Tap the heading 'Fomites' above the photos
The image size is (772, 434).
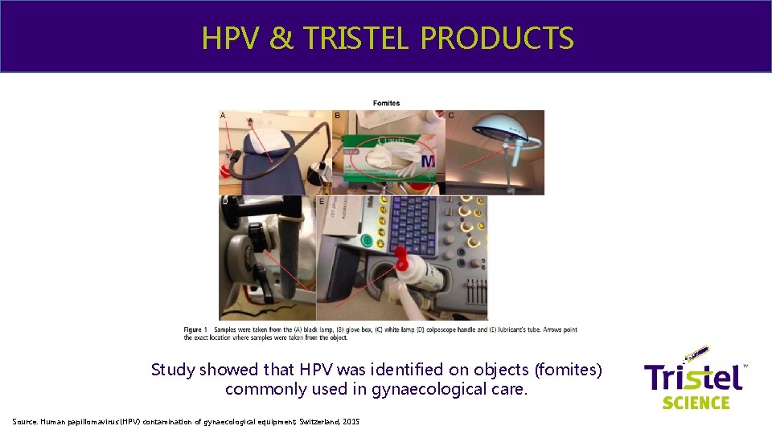pyautogui.click(x=387, y=103)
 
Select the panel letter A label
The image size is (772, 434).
pyautogui.click(x=223, y=116)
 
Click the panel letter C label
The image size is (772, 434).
pyautogui.click(x=451, y=116)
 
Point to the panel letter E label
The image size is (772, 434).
pyautogui.click(x=322, y=202)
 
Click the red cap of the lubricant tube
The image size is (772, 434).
pyautogui.click(x=401, y=258)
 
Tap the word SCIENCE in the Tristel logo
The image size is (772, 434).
pyautogui.click(x=696, y=402)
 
